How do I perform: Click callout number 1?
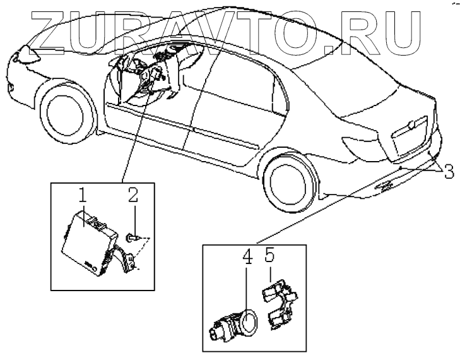(x=83, y=195)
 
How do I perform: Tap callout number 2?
(x=133, y=195)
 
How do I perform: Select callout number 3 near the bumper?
(x=448, y=171)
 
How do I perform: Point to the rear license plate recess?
(x=410, y=136)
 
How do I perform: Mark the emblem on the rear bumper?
(x=384, y=185)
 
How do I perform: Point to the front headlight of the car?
(x=28, y=54)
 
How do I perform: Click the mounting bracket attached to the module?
(x=125, y=257)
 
